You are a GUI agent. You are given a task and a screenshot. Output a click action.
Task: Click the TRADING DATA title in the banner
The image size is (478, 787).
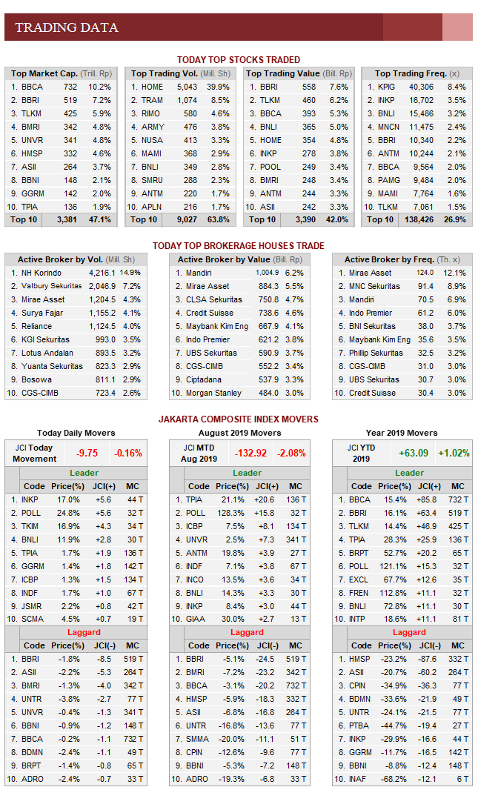pos(67,28)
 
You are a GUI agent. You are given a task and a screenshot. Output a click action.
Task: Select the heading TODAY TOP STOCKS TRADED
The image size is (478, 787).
pos(238,60)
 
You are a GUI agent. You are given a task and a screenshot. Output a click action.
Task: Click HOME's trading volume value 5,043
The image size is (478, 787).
pos(186,87)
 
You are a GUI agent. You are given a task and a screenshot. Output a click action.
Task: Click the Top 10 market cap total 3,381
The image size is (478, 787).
pos(65,219)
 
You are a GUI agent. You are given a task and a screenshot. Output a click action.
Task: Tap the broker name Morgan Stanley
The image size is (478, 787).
pos(213,393)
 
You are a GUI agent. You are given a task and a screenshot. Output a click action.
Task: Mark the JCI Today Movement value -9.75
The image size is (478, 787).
pos(87,453)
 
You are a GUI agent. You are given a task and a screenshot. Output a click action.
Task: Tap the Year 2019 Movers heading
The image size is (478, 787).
pos(402,433)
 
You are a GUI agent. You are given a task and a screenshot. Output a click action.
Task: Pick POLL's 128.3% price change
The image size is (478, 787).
pos(225,513)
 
